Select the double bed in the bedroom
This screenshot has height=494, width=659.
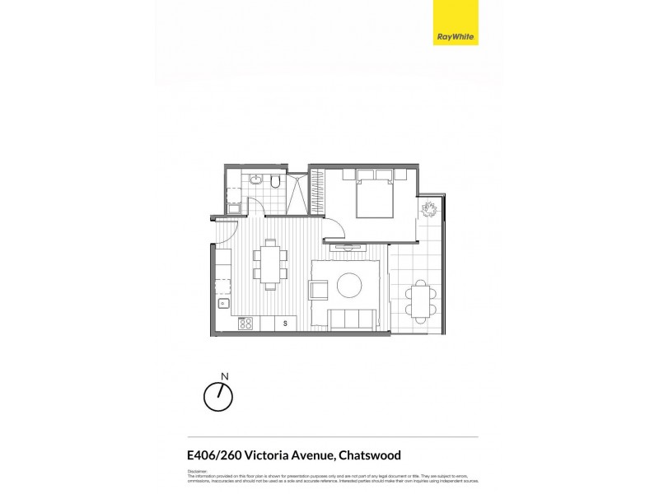tap(375, 195)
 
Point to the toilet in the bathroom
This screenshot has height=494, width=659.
tap(279, 181)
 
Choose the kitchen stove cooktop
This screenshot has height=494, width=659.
tap(245, 324)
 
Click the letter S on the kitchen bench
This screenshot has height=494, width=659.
tap(285, 324)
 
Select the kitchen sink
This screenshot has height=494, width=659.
tap(222, 304)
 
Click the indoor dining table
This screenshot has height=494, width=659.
tap(270, 263)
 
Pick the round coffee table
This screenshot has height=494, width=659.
tap(349, 286)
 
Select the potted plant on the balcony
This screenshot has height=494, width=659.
tap(429, 209)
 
